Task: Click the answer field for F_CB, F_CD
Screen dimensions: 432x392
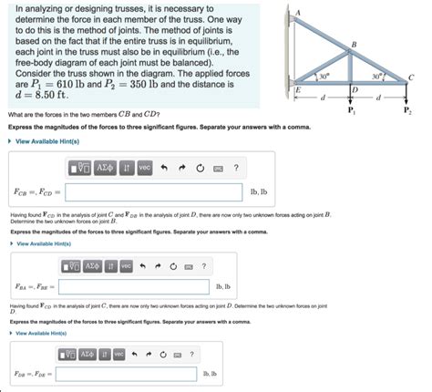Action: pos(154,193)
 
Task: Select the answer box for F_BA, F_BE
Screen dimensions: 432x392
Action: pos(134,287)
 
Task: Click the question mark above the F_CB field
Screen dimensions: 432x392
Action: pos(235,168)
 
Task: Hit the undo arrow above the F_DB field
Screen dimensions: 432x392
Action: pos(134,354)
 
